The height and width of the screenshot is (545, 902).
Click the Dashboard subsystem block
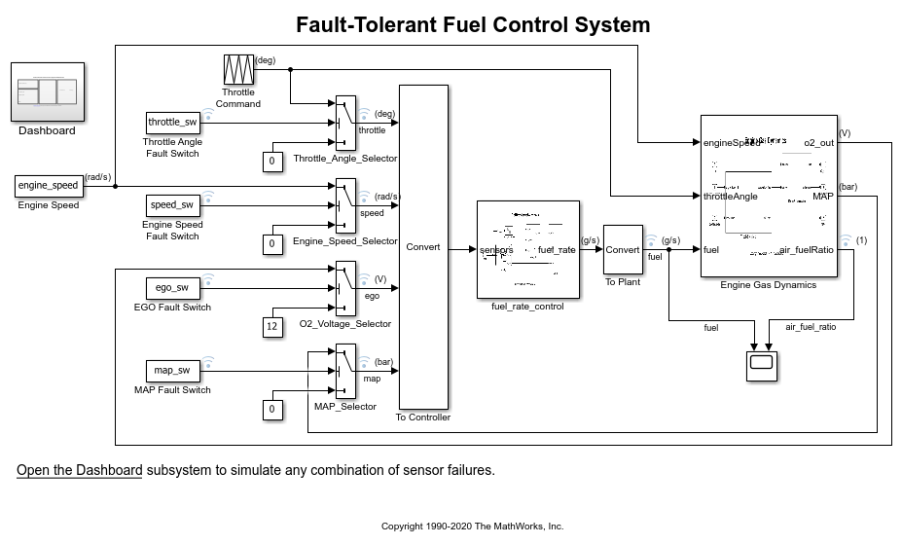48,91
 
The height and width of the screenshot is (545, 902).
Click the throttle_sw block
172,123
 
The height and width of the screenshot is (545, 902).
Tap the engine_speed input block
48,185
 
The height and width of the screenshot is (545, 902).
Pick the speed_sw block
172,205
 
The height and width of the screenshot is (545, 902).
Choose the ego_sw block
172,288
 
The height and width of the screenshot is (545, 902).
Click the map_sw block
172,371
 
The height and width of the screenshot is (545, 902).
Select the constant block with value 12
272,327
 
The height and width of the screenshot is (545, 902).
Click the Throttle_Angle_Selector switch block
344,123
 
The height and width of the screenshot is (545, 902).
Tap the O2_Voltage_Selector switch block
344,288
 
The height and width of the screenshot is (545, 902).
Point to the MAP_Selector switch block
344,371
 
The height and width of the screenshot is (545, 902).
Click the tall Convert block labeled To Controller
423,247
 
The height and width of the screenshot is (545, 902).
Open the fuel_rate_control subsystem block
527,249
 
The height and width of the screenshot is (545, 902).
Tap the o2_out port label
818,143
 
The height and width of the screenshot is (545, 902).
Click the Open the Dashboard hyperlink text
79,470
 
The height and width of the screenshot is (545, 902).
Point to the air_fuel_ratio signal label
811,328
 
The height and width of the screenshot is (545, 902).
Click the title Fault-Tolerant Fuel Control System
473,24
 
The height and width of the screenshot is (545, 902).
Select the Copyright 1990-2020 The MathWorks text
472,527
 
